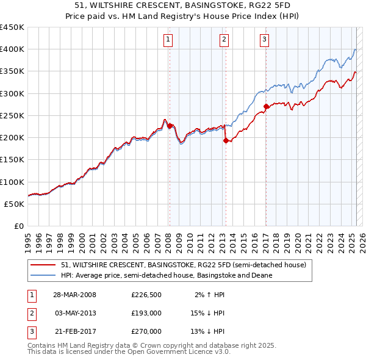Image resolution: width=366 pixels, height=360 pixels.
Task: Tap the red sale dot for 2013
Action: pyautogui.click(x=226, y=140)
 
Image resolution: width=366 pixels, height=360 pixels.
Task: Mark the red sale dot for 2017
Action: pyautogui.click(x=266, y=106)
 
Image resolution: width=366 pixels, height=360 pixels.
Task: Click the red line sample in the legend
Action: pyautogui.click(x=43, y=265)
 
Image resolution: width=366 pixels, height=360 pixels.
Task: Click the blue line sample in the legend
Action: pyautogui.click(x=43, y=275)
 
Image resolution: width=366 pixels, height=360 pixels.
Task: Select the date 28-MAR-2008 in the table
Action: pyautogui.click(x=75, y=295)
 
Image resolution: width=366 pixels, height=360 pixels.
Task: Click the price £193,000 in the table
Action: pyautogui.click(x=146, y=313)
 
